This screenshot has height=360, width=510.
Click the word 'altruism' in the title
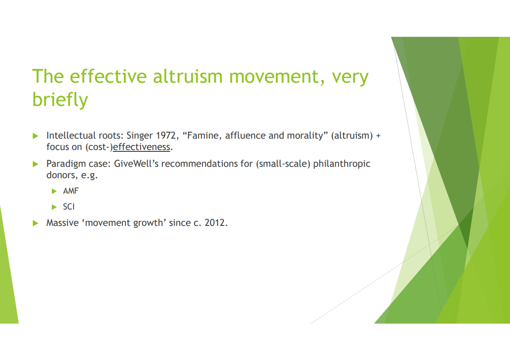[x=188, y=76]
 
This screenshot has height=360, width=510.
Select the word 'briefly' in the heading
[x=60, y=99]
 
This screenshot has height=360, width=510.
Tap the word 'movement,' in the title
[x=277, y=77]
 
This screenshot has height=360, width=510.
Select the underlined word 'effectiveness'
[x=141, y=147]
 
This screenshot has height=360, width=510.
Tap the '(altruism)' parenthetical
[x=352, y=135]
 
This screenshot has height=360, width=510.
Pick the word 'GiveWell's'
[x=136, y=164]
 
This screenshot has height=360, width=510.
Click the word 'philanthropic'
[x=342, y=164]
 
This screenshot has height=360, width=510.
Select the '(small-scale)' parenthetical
[x=283, y=164]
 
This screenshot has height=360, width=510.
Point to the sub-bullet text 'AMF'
[x=71, y=191]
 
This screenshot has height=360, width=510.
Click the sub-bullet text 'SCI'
[x=69, y=207]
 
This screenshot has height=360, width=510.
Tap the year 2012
[x=215, y=223]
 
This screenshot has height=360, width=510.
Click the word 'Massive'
[x=62, y=223]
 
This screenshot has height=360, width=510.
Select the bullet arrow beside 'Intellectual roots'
[x=35, y=136]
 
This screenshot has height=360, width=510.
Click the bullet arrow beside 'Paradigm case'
[x=35, y=164]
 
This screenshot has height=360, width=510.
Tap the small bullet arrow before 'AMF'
[x=54, y=191]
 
